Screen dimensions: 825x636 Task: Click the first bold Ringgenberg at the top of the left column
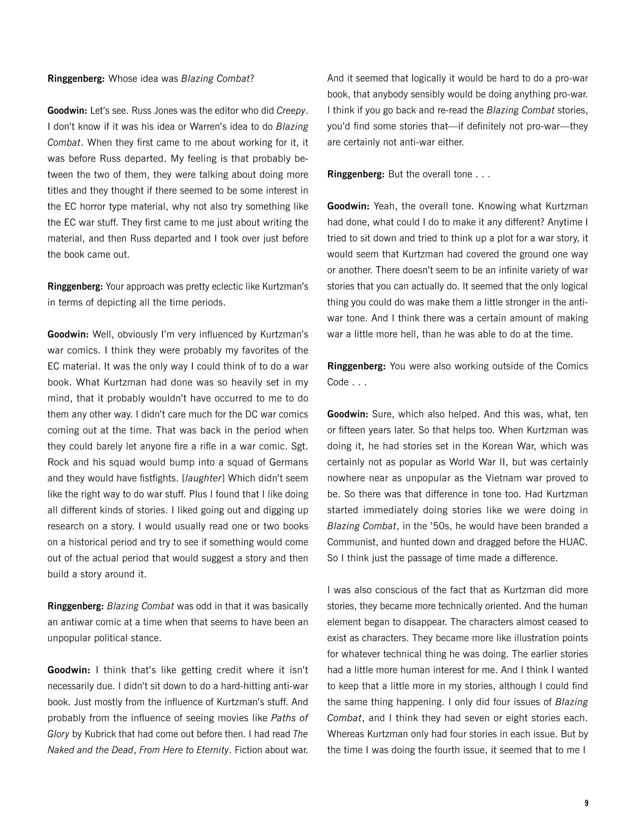[76, 79]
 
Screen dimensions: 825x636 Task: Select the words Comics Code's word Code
[338, 382]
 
